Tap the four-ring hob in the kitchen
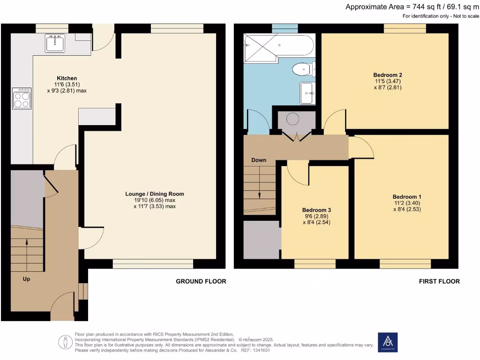point(22,98)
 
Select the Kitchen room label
point(67,78)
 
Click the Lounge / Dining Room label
point(154,194)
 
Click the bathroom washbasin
point(307,93)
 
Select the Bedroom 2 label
point(388,75)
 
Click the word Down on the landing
point(259,160)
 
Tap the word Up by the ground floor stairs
point(27,278)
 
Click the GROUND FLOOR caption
point(201,281)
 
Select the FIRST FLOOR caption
point(439,281)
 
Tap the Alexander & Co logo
point(388,342)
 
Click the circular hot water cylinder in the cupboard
point(292,120)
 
